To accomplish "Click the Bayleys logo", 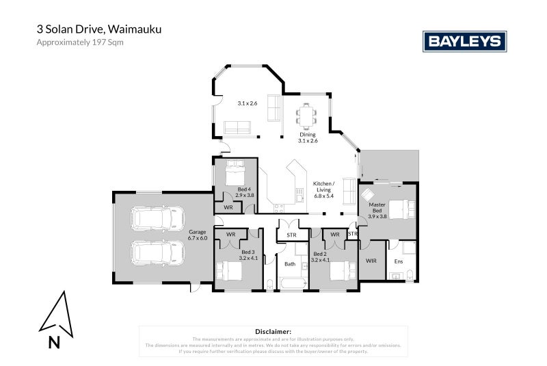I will coord(465,41).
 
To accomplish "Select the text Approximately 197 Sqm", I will coord(79,42).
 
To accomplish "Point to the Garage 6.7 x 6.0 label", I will coord(198,235).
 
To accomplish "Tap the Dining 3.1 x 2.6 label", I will coord(308,138).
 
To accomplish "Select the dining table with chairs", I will coord(308,114).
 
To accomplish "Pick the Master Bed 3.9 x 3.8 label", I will coord(377,210).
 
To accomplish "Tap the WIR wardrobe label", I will coord(371,261).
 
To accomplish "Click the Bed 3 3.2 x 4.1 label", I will coord(248,256).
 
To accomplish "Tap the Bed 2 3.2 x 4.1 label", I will coord(320,256).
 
